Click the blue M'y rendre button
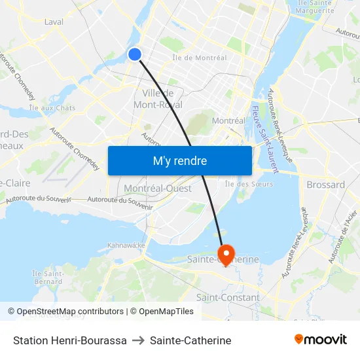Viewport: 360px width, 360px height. click(179, 160)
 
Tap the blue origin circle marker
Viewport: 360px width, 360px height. click(135, 54)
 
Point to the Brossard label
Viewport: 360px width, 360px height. click(326, 185)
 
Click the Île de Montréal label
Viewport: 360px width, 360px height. click(200, 58)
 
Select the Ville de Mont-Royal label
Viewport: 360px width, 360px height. click(157, 99)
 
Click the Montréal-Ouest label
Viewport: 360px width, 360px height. click(158, 189)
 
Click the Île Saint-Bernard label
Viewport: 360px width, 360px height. click(47, 277)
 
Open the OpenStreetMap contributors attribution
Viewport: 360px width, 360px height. click(65, 312)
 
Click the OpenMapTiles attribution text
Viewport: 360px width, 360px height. click(162, 312)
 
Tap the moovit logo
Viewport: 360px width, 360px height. click(321, 339)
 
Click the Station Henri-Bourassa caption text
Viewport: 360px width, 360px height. click(70, 340)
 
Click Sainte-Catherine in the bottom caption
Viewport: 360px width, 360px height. click(190, 340)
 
